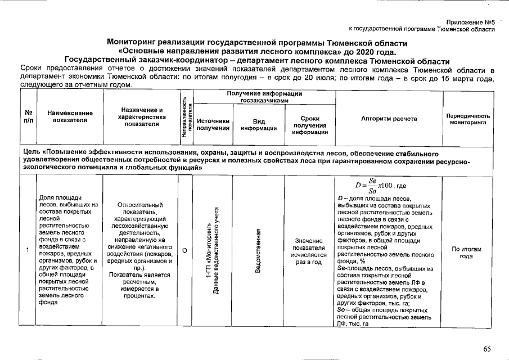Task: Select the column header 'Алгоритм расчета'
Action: click(389, 119)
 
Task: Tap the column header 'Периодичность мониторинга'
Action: click(468, 119)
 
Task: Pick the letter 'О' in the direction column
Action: click(185, 250)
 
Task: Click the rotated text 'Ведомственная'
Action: click(258, 251)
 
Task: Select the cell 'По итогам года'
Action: click(466, 252)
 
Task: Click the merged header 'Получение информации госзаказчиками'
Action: click(264, 96)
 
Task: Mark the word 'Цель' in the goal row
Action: click(29, 152)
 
